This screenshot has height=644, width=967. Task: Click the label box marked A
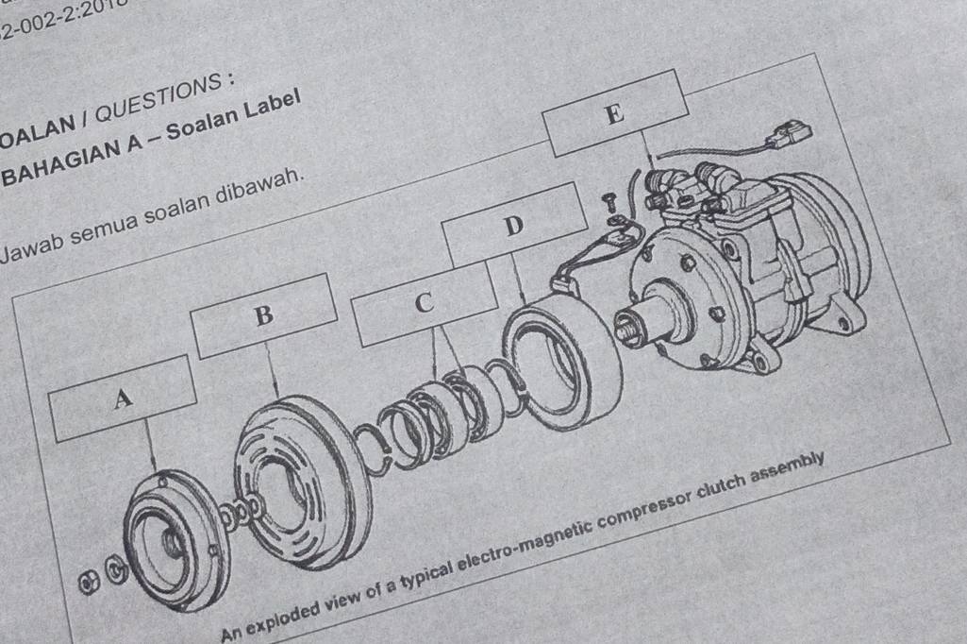pyautogui.click(x=122, y=398)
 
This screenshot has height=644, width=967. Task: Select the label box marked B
pyautogui.click(x=264, y=315)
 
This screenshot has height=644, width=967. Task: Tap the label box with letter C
pyautogui.click(x=424, y=303)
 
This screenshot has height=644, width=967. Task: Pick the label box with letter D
pyautogui.click(x=512, y=226)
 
